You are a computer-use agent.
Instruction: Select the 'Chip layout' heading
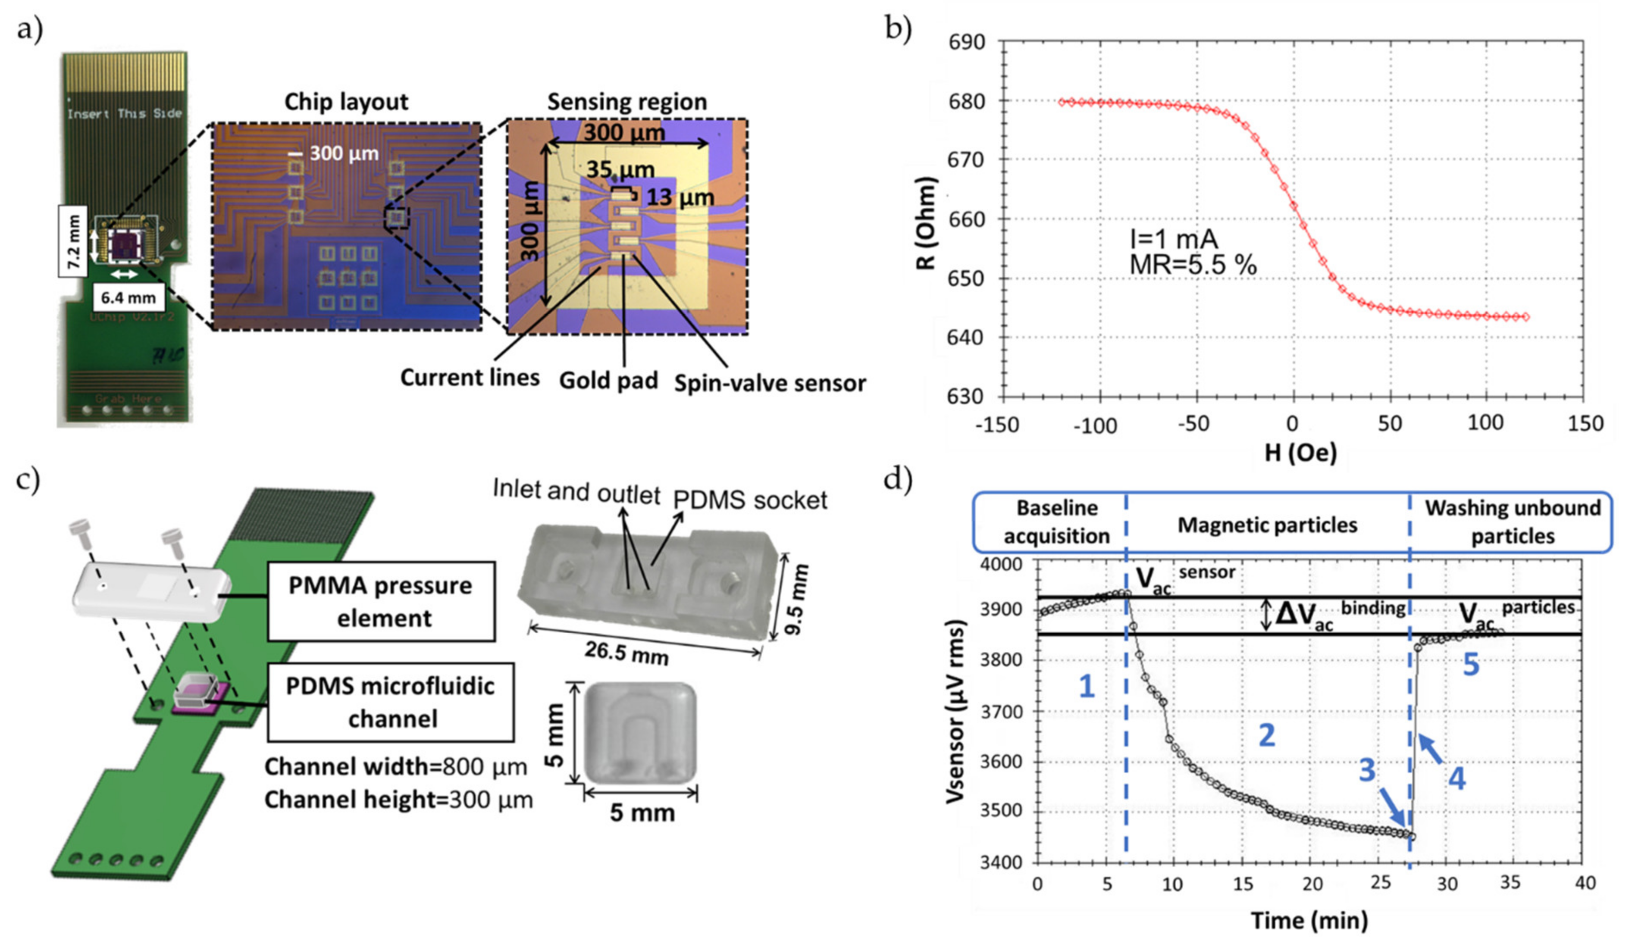pyautogui.click(x=347, y=102)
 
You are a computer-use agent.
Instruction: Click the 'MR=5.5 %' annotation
pyautogui.click(x=1193, y=265)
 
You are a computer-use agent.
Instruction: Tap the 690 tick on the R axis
pyautogui.click(x=966, y=42)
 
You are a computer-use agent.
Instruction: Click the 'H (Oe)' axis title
pyautogui.click(x=1300, y=453)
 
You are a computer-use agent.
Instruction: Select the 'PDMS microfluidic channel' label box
pyautogui.click(x=391, y=702)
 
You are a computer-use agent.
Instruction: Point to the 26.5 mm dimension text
pyautogui.click(x=626, y=653)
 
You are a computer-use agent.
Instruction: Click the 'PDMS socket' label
pyautogui.click(x=750, y=500)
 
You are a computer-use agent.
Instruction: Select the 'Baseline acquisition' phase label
pyautogui.click(x=1056, y=522)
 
